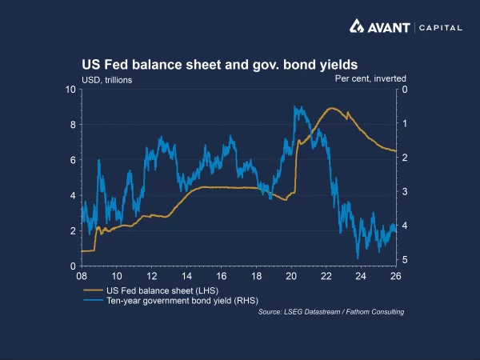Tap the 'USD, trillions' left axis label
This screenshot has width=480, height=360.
(x=107, y=79)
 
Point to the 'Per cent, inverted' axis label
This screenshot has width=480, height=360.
(x=370, y=78)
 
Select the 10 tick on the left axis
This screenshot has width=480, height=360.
(x=70, y=90)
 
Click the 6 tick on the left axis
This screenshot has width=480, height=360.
(x=73, y=160)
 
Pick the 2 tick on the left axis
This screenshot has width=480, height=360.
(x=73, y=230)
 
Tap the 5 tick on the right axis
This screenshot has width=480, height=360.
(x=406, y=260)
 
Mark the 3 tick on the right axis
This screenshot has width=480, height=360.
(x=406, y=192)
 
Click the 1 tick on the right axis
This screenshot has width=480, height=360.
(x=406, y=123)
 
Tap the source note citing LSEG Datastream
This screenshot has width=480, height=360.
(x=331, y=312)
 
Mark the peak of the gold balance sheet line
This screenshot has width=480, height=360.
(x=332, y=109)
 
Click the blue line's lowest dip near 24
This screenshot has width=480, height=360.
(x=358, y=258)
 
